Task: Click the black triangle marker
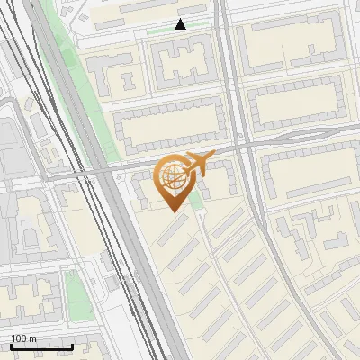tap(181, 24)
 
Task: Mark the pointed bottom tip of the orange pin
tap(173, 211)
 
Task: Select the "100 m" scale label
tap(24, 338)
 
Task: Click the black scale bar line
tap(41, 346)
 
